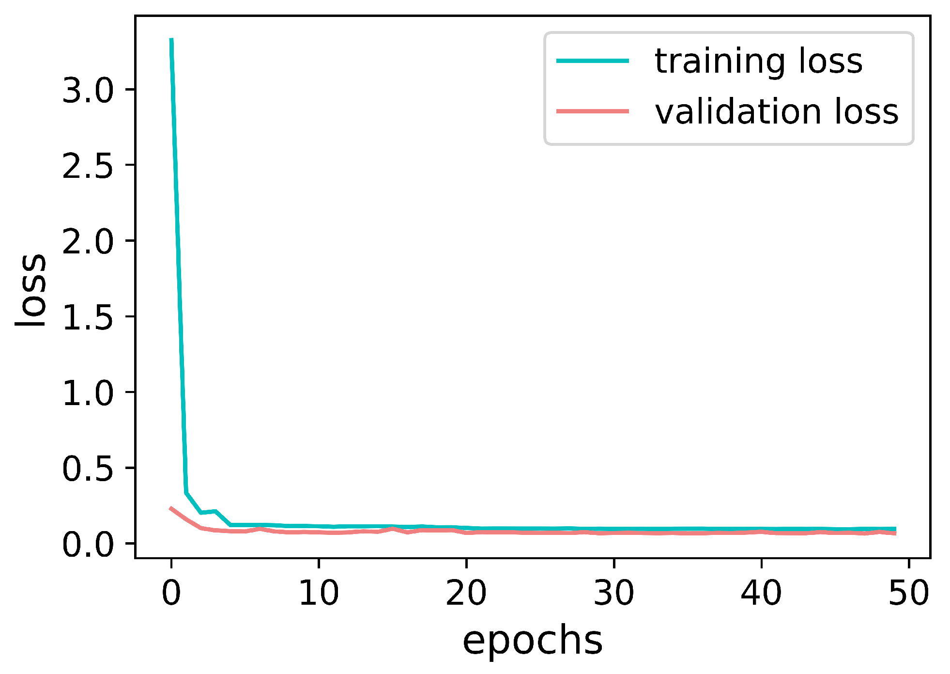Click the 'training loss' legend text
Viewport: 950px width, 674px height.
[x=758, y=62]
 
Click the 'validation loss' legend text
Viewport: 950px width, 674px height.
[x=776, y=112]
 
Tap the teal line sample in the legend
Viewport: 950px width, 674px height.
[x=593, y=61]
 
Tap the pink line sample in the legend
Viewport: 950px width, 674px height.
[x=593, y=111]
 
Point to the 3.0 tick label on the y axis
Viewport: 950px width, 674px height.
[x=87, y=91]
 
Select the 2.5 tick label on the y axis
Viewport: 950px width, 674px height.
[x=87, y=166]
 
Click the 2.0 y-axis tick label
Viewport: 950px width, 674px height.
[x=87, y=242]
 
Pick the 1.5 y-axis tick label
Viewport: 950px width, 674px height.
[x=87, y=317]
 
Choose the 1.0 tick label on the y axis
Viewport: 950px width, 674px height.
[x=87, y=393]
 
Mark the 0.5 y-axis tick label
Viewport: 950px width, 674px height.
[x=87, y=469]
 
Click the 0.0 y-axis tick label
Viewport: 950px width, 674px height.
[x=87, y=544]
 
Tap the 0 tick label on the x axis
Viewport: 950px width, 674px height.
[x=171, y=593]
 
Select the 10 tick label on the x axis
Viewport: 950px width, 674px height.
[x=319, y=593]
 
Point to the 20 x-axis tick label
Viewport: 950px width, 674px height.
[x=466, y=593]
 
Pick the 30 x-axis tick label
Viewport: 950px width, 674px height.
[x=614, y=593]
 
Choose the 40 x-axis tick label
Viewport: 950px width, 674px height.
[x=761, y=593]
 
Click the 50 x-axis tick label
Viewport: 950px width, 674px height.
[x=909, y=593]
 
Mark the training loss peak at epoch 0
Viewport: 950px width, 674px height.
[x=171, y=39]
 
